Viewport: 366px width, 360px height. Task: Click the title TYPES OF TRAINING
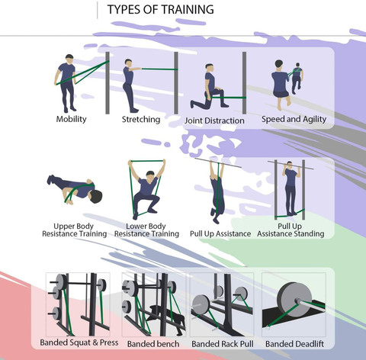click(x=160, y=10)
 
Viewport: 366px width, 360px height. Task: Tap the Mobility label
click(x=72, y=120)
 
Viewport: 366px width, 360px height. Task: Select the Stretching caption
click(x=141, y=120)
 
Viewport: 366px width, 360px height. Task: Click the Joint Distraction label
click(x=214, y=121)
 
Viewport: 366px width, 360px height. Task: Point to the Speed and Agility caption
click(x=294, y=120)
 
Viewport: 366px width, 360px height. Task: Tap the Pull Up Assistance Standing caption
click(x=291, y=230)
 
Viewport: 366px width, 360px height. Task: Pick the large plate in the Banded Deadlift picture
click(x=293, y=298)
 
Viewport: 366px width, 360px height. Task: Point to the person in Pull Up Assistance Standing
click(x=290, y=191)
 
